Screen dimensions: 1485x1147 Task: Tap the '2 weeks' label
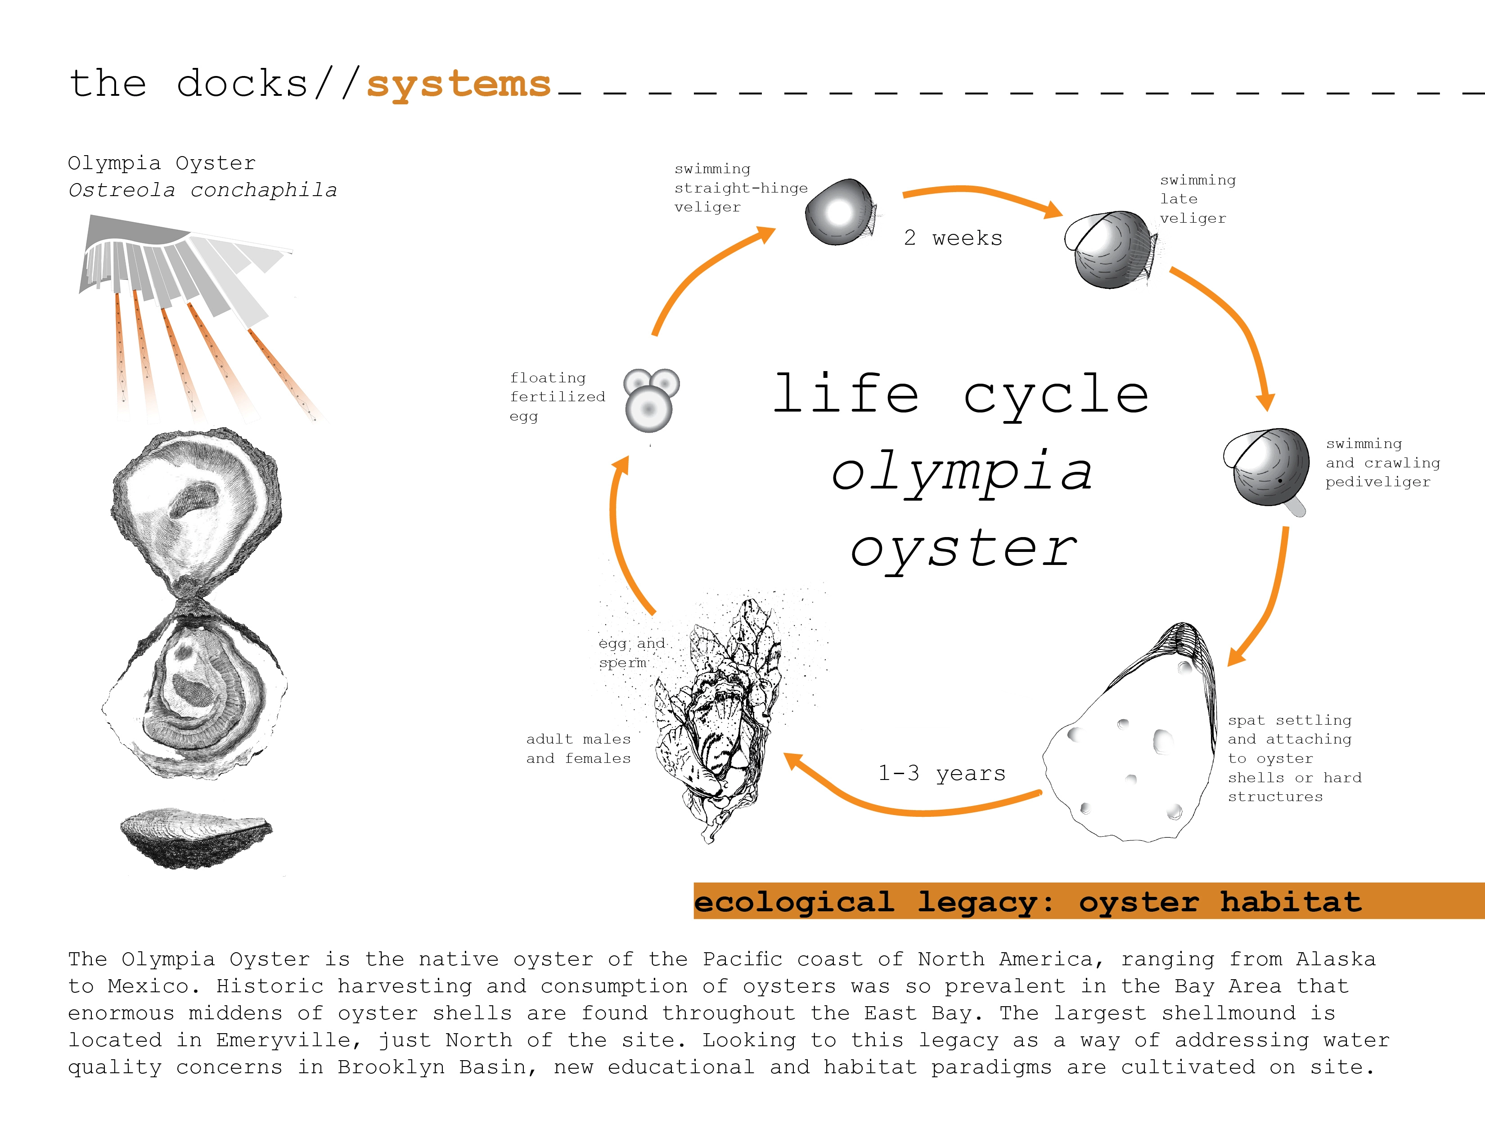(953, 238)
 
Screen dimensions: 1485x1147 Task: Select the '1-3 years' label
(942, 773)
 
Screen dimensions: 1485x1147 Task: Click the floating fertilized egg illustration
(652, 400)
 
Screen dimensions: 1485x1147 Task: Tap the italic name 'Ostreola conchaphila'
(202, 190)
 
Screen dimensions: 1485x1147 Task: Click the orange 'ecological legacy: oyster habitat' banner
(1089, 901)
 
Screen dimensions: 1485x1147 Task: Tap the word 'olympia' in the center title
(962, 472)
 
